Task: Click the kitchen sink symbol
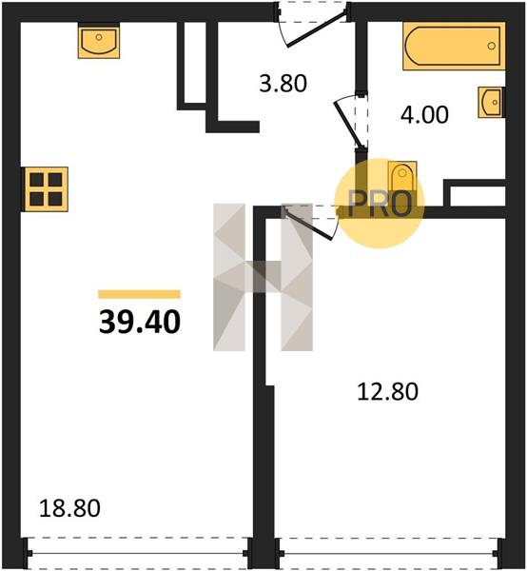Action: pyautogui.click(x=99, y=40)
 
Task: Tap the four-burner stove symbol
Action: pyautogui.click(x=46, y=189)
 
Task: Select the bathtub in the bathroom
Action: pyautogui.click(x=454, y=46)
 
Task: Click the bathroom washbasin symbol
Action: pyautogui.click(x=491, y=103)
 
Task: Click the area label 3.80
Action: pyautogui.click(x=283, y=83)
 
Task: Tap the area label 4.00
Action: pyautogui.click(x=424, y=114)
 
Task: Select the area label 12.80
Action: pyautogui.click(x=387, y=391)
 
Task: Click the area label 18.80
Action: pyautogui.click(x=69, y=508)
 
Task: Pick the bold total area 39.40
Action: pyautogui.click(x=140, y=322)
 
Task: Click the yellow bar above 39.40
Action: pyautogui.click(x=140, y=294)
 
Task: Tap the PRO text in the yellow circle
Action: pyautogui.click(x=380, y=204)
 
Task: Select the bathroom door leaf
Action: pyautogui.click(x=348, y=125)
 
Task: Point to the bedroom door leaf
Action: pyautogui.click(x=308, y=224)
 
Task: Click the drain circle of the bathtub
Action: pyautogui.click(x=492, y=46)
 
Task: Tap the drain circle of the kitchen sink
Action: pyautogui.click(x=99, y=37)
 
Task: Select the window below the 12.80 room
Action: pyautogui.click(x=389, y=554)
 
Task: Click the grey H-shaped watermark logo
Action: pyautogui.click(x=263, y=277)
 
